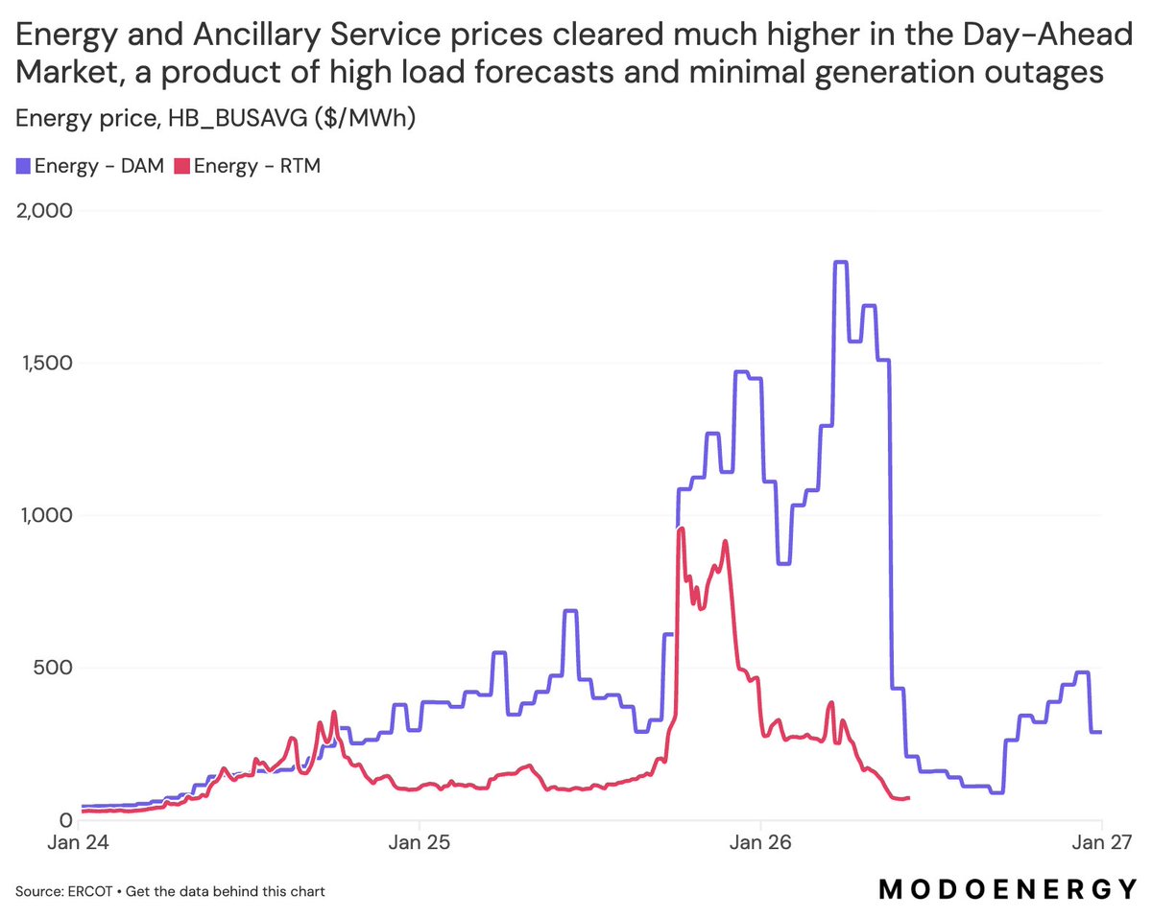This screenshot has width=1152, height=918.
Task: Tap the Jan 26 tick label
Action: click(x=760, y=844)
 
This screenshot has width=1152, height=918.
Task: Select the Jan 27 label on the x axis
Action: click(x=1100, y=844)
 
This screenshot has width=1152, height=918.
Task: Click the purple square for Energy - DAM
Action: click(x=23, y=167)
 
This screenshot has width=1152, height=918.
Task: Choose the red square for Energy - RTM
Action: click(x=181, y=167)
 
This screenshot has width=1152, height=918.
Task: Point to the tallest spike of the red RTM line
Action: click(x=681, y=529)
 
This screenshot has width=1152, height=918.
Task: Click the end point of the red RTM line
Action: click(x=908, y=797)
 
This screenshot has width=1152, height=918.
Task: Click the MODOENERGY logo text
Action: click(x=1008, y=890)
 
